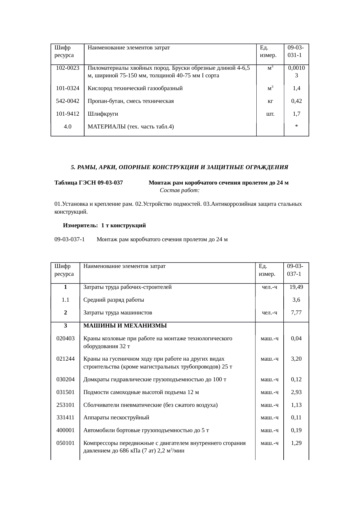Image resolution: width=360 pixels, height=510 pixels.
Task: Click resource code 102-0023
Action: click(68, 68)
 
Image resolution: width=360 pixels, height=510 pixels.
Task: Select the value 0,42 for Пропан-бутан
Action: click(296, 101)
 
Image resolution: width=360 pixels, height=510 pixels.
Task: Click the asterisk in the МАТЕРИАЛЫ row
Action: click(296, 127)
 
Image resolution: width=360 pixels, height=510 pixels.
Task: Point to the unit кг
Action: click(270, 101)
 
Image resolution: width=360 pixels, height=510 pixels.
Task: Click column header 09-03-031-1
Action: click(296, 51)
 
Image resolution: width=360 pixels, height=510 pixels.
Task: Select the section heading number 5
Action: click(73, 167)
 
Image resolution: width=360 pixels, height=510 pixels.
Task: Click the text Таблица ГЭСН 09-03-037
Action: click(89, 183)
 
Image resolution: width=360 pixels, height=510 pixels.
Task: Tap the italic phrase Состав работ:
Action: click(179, 191)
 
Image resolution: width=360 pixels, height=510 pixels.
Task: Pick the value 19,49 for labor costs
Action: click(296, 287)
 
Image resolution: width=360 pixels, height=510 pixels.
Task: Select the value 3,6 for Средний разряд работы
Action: click(296, 300)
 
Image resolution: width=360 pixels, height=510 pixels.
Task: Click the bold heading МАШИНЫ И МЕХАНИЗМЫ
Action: click(125, 325)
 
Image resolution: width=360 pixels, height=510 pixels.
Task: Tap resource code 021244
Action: click(65, 359)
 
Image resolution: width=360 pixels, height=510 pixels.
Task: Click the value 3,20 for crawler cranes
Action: click(296, 359)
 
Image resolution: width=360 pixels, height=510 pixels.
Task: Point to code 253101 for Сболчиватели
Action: click(65, 405)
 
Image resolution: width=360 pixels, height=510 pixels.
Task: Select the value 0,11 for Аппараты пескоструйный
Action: click(296, 418)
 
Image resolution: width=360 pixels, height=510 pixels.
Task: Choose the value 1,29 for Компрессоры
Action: click(296, 443)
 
